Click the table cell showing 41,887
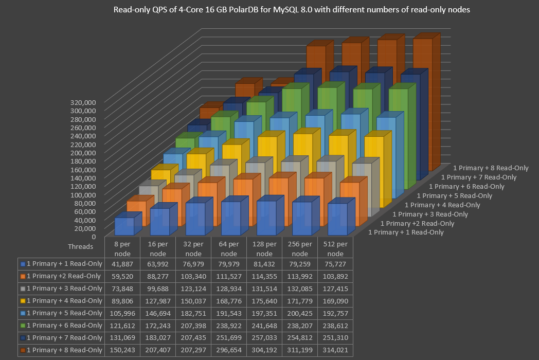tap(122, 264)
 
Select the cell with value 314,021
tap(335, 350)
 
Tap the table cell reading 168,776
tap(229, 301)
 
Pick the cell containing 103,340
tap(193, 276)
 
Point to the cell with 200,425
tap(300, 313)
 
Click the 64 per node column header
tap(229, 249)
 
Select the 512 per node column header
tap(335, 249)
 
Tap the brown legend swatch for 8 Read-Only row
tap(23, 350)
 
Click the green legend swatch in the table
tap(23, 326)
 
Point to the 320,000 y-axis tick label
tap(84, 102)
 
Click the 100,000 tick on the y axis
tap(84, 194)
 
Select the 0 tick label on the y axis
tap(93, 237)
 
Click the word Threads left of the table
tap(80, 246)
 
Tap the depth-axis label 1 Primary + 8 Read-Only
tap(491, 168)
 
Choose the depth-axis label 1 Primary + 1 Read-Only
tap(406, 232)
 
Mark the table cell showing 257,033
tap(264, 338)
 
